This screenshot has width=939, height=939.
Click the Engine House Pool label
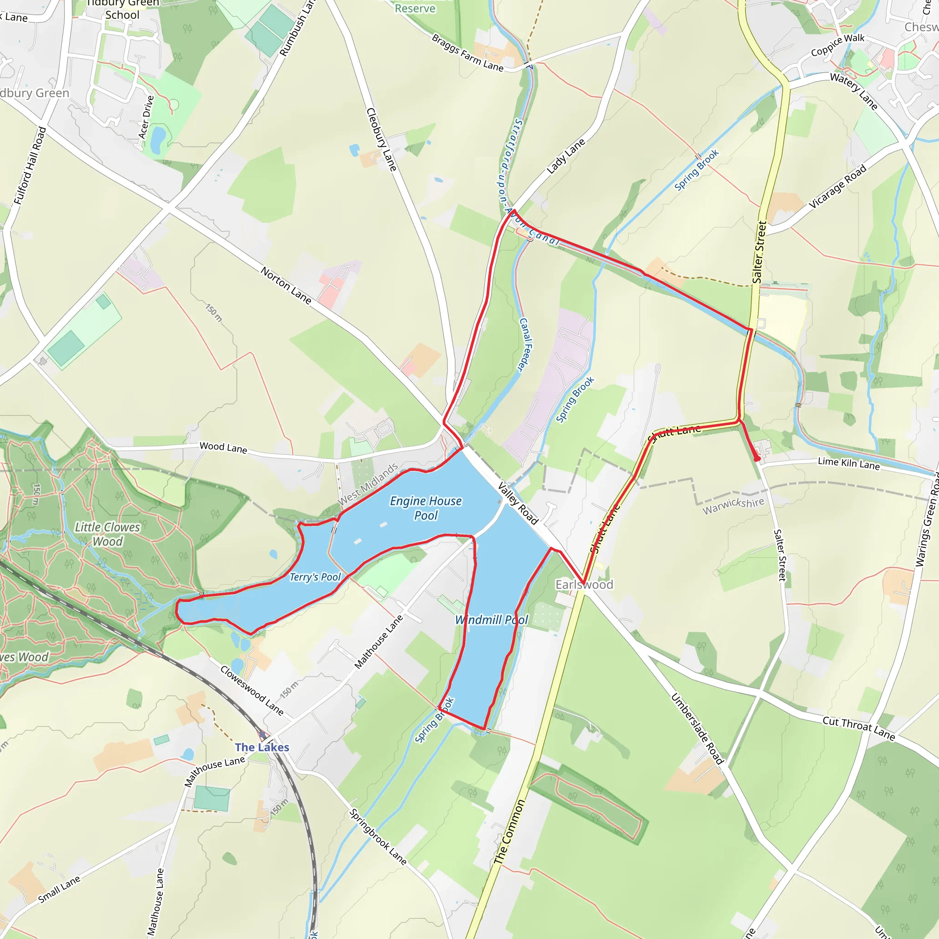426,508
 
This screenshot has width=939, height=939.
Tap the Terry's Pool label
315,577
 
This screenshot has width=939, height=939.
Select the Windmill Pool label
492,620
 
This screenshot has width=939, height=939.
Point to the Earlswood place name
584,585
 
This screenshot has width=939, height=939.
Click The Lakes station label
262,747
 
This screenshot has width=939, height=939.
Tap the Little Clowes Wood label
107,534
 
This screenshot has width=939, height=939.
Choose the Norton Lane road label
286,285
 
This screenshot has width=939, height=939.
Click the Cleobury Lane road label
381,139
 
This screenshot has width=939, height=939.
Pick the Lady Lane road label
566,156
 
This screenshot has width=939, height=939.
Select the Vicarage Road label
837,186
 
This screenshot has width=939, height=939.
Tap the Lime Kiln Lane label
849,464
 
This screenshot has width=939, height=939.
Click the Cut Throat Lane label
859,728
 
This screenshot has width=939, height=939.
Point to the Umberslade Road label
697,729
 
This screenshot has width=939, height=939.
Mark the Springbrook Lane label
378,836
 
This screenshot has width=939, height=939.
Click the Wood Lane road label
223,447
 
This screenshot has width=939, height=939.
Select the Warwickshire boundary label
734,505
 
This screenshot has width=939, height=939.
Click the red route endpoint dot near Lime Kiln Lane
757,458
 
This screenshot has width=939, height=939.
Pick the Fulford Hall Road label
30,166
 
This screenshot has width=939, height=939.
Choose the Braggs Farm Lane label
468,52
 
